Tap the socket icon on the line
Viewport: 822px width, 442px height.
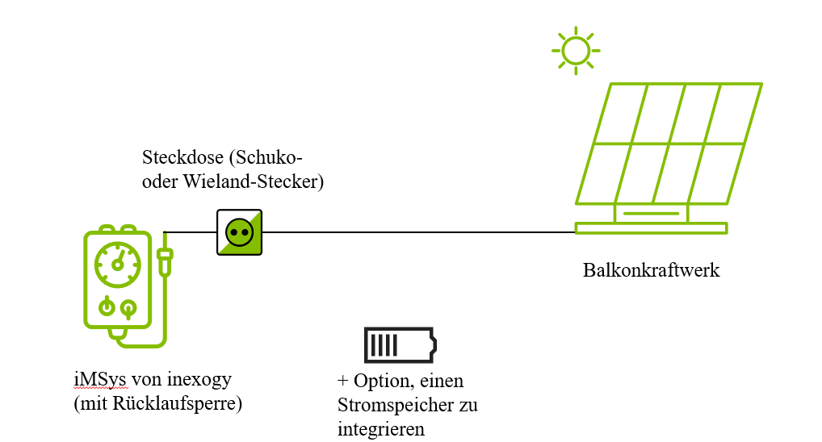(x=240, y=232)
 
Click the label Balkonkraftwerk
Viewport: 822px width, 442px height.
(x=651, y=270)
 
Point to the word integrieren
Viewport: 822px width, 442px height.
(x=381, y=429)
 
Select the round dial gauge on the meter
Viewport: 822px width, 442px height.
(x=118, y=264)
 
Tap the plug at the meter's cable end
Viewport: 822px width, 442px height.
(x=165, y=261)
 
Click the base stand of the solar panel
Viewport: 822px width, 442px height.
(x=651, y=227)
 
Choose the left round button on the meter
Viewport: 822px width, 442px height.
(x=106, y=307)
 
